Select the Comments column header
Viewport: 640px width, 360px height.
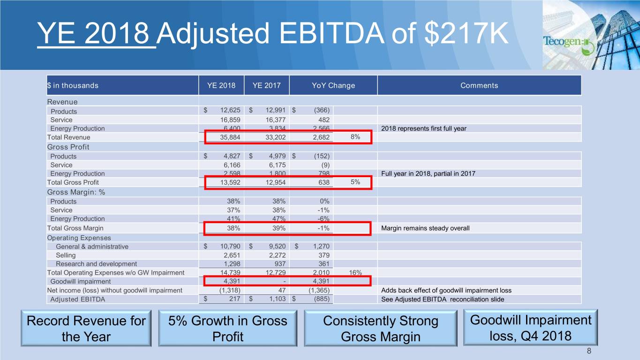[x=479, y=85]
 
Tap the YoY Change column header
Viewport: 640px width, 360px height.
[x=333, y=85]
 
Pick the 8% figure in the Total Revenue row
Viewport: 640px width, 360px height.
[x=355, y=137]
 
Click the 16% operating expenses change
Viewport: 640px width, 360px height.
[x=355, y=272]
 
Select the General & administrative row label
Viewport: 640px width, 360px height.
[x=92, y=247]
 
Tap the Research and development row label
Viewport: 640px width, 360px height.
[x=96, y=264]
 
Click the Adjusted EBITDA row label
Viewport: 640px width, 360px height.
[x=78, y=299]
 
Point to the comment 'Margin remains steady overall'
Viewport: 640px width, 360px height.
[x=425, y=228]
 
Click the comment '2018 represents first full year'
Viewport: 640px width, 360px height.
[x=424, y=128]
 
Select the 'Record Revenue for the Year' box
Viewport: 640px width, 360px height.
[x=86, y=329]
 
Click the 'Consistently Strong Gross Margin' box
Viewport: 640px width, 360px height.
[x=380, y=329]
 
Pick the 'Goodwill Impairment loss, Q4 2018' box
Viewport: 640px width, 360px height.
[x=530, y=328]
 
